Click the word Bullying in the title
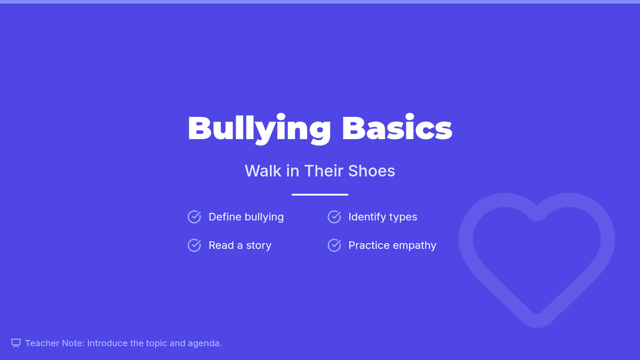click(259, 129)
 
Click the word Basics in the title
click(397, 127)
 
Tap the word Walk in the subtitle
click(263, 171)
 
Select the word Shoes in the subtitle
click(371, 171)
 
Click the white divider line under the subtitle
click(320, 195)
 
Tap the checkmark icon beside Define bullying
click(194, 217)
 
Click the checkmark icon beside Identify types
click(334, 217)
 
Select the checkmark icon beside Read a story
click(194, 245)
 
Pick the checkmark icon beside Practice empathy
click(334, 245)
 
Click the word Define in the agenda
click(225, 217)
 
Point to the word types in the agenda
click(403, 218)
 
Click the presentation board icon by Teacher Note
click(16, 343)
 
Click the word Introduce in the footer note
click(107, 343)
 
